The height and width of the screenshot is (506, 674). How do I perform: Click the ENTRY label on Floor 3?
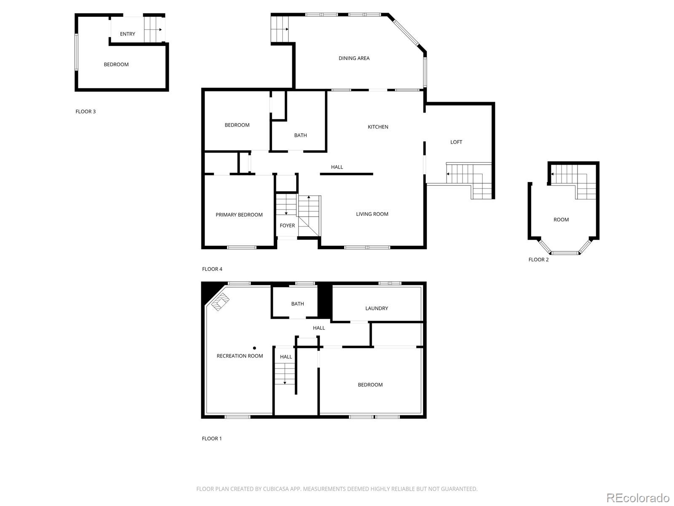(x=128, y=34)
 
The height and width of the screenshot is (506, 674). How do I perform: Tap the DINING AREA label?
(x=354, y=58)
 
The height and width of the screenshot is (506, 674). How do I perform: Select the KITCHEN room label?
(x=378, y=127)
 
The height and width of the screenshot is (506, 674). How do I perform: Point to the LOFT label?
(x=456, y=142)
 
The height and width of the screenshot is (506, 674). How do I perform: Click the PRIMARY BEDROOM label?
(x=239, y=215)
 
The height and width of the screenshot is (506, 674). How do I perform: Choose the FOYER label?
(x=287, y=226)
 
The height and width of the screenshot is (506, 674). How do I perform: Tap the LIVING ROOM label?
(x=372, y=214)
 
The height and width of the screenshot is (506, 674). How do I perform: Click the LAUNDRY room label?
(x=377, y=308)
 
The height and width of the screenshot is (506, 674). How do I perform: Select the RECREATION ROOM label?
(x=240, y=356)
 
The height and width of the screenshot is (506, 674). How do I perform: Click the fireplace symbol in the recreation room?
(x=220, y=301)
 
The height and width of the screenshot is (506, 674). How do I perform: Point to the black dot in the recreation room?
(x=254, y=348)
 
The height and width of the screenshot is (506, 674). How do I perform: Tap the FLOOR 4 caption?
(x=212, y=269)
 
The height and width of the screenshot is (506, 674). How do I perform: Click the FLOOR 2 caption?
(x=538, y=260)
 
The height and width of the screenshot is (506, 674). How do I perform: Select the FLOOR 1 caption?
(x=211, y=439)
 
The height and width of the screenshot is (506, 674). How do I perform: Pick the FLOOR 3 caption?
(x=86, y=111)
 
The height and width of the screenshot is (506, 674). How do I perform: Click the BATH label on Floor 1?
(x=297, y=304)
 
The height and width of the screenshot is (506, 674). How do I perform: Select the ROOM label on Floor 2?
(x=561, y=220)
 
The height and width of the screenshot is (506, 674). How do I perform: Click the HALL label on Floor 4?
(x=337, y=167)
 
